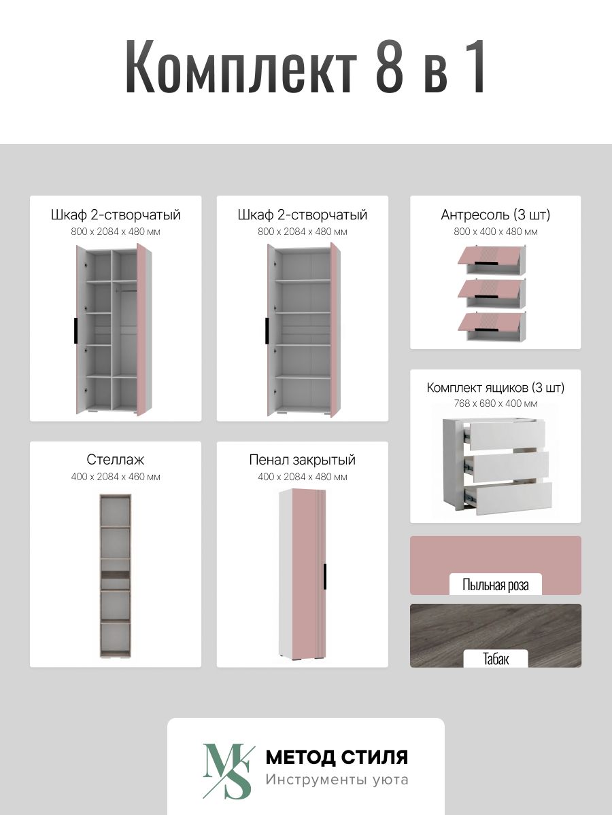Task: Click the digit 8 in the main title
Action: click(390, 66)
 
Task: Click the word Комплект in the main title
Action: click(241, 66)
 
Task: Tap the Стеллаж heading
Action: click(115, 460)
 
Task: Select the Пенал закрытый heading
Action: click(302, 460)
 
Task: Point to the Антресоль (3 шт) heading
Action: click(495, 215)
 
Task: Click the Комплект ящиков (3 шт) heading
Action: click(495, 388)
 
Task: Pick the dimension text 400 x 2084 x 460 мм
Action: click(116, 477)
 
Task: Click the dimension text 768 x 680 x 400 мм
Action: click(495, 403)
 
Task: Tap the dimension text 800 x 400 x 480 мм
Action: click(495, 232)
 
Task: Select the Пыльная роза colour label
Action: click(495, 585)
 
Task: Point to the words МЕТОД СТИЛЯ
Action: click(337, 757)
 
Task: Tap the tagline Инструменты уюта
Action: click(337, 780)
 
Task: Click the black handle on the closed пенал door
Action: click(325, 576)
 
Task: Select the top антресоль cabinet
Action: click(492, 259)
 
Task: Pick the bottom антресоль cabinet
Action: click(492, 327)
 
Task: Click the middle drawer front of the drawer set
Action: click(510, 467)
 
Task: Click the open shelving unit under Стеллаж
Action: click(115, 575)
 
